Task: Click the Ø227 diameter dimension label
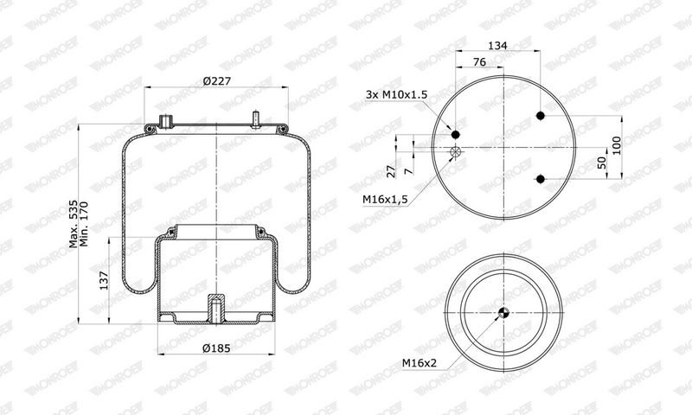(x=217, y=81)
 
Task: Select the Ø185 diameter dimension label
(x=216, y=348)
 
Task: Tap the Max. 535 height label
(x=74, y=224)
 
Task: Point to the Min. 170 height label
(x=84, y=224)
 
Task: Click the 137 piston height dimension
(x=104, y=280)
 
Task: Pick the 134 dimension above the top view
(x=497, y=45)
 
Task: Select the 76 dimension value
(x=479, y=62)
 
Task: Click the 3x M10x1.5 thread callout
(x=396, y=94)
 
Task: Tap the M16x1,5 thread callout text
(x=385, y=200)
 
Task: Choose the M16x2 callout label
(x=419, y=363)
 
